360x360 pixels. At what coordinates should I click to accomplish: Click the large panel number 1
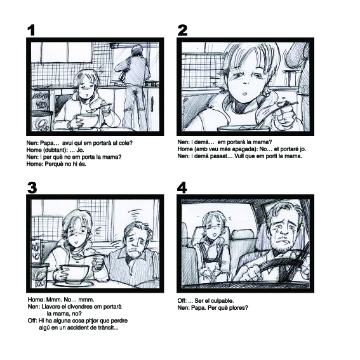31,30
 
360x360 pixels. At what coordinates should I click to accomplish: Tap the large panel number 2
182,30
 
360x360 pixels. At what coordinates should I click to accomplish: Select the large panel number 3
32,188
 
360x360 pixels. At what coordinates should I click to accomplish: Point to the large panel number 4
182,188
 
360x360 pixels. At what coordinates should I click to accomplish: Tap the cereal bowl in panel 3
75,272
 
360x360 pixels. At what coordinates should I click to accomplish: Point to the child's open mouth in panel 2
245,94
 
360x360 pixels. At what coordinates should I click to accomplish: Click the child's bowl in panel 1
86,120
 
